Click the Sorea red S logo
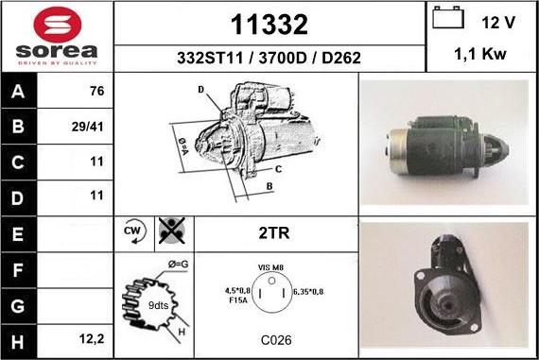[x=58, y=24]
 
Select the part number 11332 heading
[x=269, y=25]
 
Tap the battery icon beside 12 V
[x=448, y=17]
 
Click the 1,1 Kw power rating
[x=480, y=54]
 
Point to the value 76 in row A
[x=96, y=91]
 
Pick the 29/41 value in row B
[x=87, y=128]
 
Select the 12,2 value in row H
[x=92, y=339]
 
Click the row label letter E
[x=18, y=234]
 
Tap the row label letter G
[x=18, y=306]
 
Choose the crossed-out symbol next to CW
[x=172, y=231]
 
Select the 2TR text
[x=274, y=232]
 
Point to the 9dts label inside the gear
[x=158, y=305]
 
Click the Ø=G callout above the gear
[x=178, y=265]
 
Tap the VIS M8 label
[x=270, y=267]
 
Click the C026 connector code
[x=276, y=340]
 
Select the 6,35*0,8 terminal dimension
[x=308, y=292]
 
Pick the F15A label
[x=238, y=300]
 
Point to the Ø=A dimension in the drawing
[x=183, y=146]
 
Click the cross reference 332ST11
[x=210, y=58]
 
